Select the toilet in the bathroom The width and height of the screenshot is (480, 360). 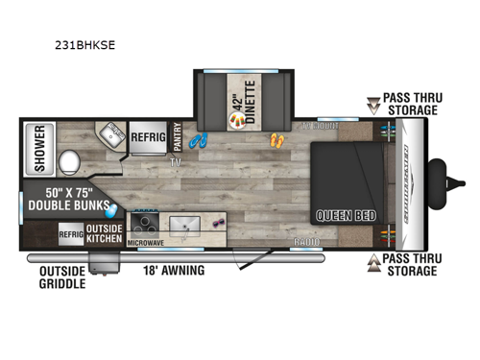coord(70,160)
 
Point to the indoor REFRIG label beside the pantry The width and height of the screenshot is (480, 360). coord(149,137)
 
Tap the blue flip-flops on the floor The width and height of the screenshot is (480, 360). coord(199,141)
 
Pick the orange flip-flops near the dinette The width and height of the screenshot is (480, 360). coord(276,141)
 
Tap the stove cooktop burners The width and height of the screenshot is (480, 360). coord(146,223)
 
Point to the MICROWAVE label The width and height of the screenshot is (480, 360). coord(147,243)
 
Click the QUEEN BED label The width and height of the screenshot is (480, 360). coord(340,215)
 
